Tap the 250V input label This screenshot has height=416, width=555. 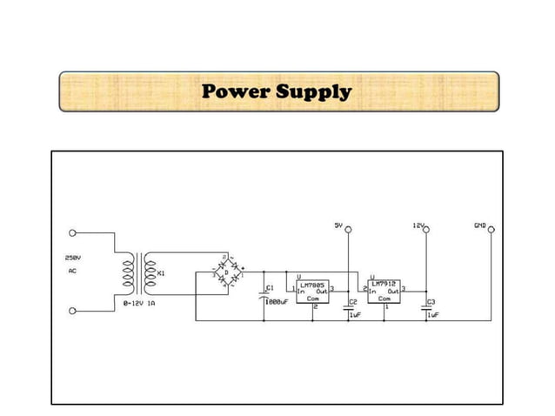pyautogui.click(x=72, y=258)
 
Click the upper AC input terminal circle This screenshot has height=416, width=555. pyautogui.click(x=72, y=233)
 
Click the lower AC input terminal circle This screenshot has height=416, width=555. pyautogui.click(x=72, y=309)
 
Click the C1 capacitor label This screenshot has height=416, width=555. pyautogui.click(x=270, y=286)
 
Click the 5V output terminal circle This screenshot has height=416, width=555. pyautogui.click(x=348, y=230)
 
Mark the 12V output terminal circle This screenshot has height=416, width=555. pyautogui.click(x=425, y=230)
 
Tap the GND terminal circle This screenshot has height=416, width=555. pyautogui.click(x=491, y=230)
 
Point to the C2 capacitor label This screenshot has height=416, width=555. pyautogui.click(x=352, y=303)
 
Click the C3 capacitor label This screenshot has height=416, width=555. pyautogui.click(x=430, y=303)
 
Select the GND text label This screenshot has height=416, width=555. pyautogui.click(x=479, y=225)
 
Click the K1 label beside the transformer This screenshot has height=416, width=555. pyautogui.click(x=161, y=273)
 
